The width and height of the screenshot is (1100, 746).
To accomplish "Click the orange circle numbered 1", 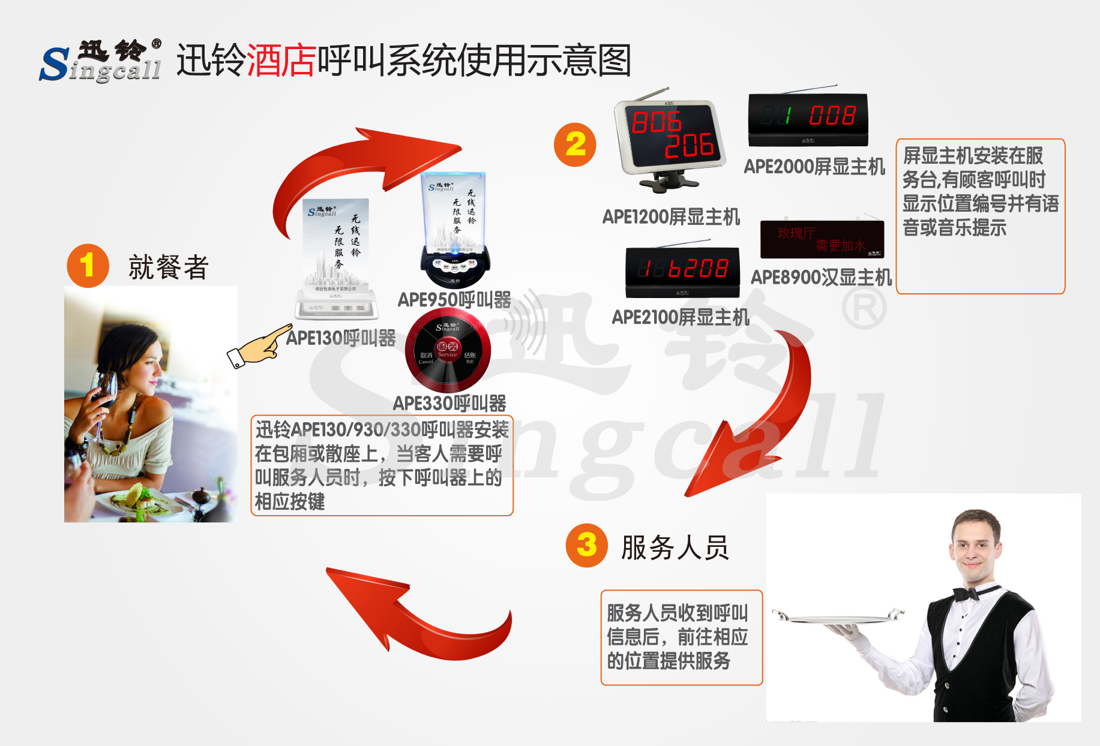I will click(88, 266).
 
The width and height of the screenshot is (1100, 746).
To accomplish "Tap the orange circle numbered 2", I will click(575, 145).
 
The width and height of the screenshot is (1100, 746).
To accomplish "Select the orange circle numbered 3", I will click(586, 545).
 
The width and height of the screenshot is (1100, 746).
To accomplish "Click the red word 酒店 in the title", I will click(281, 61).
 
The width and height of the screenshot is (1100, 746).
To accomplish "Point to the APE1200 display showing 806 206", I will click(670, 136).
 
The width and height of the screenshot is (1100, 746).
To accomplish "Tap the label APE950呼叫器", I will click(454, 300).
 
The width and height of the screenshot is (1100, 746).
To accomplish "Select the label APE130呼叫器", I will click(341, 338).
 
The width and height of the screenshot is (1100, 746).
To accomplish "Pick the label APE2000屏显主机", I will click(814, 167).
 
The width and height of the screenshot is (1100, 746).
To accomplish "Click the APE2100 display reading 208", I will click(682, 271).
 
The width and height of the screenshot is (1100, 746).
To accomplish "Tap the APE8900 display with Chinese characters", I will click(822, 239).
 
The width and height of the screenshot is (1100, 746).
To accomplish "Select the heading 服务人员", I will click(675, 548).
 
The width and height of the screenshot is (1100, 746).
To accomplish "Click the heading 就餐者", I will click(168, 267).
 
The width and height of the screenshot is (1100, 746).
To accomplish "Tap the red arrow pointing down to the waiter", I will click(763, 420).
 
